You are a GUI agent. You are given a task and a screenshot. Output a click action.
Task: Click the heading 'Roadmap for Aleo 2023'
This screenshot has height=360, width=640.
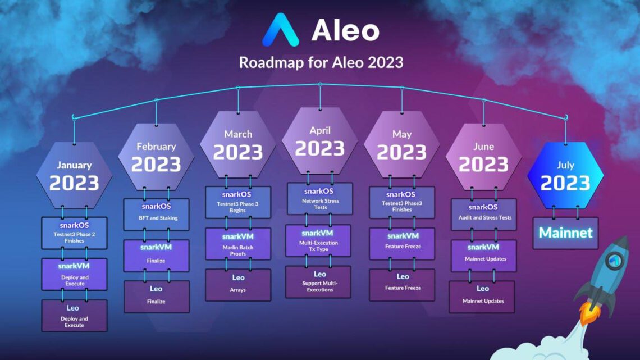[x=321, y=62]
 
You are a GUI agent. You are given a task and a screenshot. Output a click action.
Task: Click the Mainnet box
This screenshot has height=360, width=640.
[x=565, y=233]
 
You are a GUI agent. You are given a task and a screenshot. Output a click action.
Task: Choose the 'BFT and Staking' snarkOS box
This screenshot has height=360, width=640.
[x=157, y=213]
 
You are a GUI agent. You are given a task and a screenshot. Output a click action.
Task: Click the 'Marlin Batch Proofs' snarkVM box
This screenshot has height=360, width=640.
[x=238, y=244]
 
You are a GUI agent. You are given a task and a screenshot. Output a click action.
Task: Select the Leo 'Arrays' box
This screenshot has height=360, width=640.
[x=238, y=284]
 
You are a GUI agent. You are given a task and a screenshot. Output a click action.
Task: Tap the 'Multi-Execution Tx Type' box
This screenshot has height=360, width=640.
[x=320, y=240]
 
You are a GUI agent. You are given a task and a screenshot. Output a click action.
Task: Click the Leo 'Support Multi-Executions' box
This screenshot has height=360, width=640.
[x=320, y=282]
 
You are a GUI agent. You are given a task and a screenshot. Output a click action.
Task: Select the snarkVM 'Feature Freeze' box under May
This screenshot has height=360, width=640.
[x=402, y=243]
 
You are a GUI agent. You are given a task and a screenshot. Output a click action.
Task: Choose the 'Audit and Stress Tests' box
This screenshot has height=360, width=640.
[x=483, y=213]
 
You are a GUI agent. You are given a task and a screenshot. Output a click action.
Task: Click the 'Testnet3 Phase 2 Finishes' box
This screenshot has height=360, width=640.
[x=74, y=233]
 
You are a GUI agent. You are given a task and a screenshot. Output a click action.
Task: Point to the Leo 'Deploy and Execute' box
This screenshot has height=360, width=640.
[x=74, y=315]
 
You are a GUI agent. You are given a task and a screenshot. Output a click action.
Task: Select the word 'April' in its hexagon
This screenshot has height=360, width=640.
[x=320, y=130]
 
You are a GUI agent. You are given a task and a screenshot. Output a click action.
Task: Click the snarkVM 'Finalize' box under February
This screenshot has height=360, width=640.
[x=157, y=255]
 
